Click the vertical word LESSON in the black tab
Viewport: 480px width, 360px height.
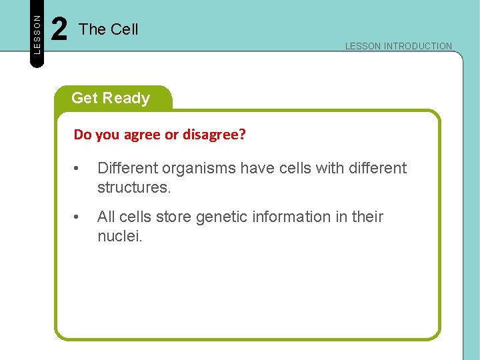coord(37,33)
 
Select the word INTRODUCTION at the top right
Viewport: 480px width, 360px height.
coord(418,47)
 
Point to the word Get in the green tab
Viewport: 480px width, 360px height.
coord(84,98)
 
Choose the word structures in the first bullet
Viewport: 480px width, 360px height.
coord(133,187)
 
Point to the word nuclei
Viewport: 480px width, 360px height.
coord(119,236)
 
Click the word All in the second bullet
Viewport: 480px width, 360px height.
coord(106,217)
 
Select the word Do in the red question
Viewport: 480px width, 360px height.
coord(83,135)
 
